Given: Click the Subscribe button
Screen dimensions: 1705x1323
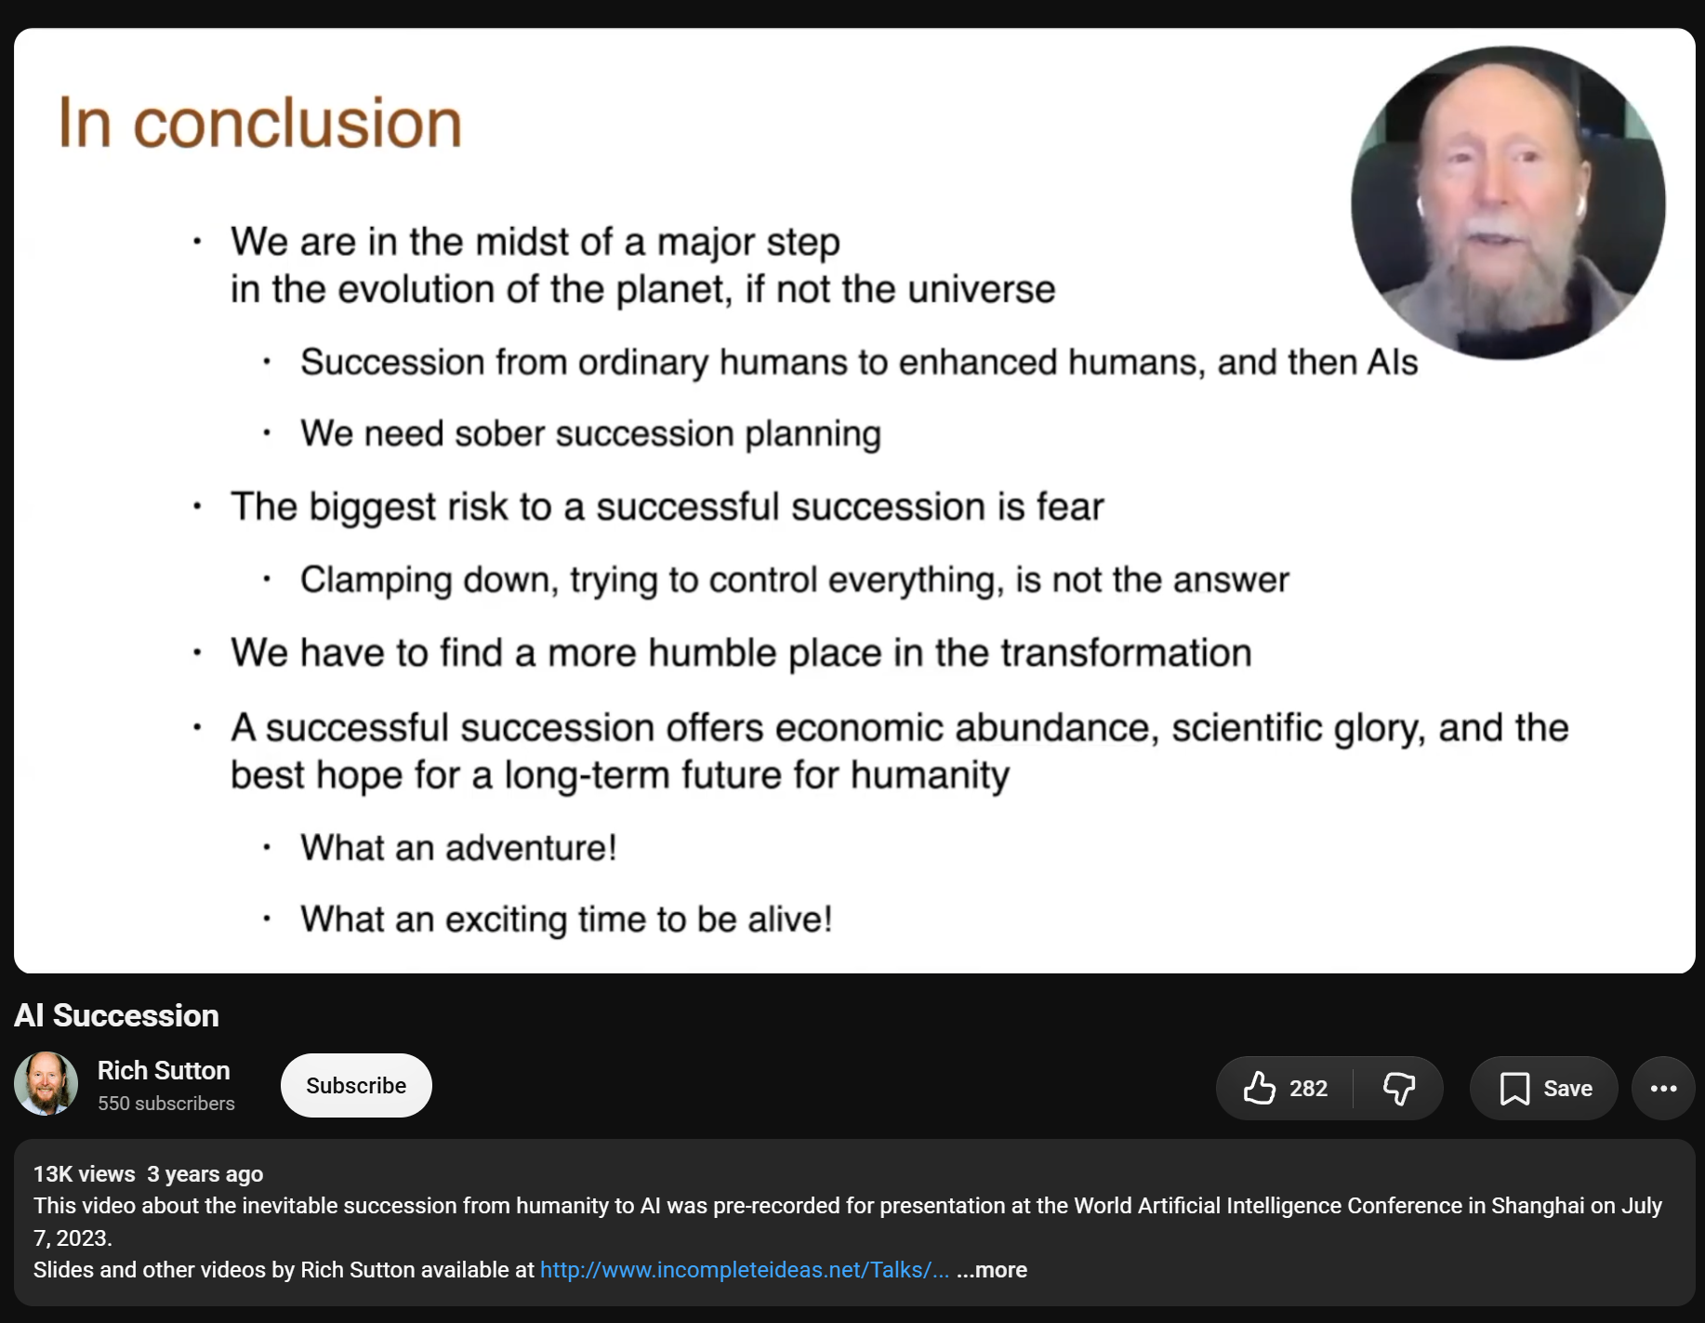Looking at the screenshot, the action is [x=356, y=1085].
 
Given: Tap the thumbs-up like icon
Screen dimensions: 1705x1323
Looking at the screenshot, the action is [x=1260, y=1088].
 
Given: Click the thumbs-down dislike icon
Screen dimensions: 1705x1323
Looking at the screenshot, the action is [x=1399, y=1088].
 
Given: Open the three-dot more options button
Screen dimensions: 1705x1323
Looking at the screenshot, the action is [x=1663, y=1088].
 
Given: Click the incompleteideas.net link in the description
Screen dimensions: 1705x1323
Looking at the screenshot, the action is [x=745, y=1270].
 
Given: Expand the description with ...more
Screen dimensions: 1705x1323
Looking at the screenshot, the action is [x=992, y=1270].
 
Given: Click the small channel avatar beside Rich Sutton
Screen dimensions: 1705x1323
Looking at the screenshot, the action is [x=46, y=1084].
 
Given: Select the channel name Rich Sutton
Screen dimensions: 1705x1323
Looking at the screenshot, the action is [x=164, y=1070].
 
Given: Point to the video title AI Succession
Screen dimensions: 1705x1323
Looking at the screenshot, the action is [x=116, y=1015].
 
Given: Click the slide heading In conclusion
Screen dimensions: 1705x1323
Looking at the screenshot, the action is [x=260, y=123].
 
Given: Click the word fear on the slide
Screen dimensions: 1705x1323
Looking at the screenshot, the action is [x=1070, y=507].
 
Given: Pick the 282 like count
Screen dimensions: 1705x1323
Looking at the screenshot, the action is [x=1308, y=1089].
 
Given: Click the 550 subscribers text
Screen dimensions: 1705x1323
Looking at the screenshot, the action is [x=166, y=1104].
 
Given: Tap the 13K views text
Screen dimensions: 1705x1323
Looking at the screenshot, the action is [x=85, y=1174].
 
